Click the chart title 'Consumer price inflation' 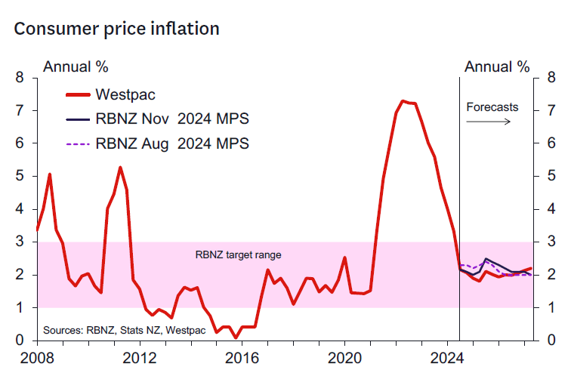116,29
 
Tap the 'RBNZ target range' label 238,255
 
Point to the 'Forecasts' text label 492,106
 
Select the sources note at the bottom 113,330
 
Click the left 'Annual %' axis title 76,66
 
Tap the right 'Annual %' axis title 497,66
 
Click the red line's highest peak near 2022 403,100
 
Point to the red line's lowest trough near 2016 236,337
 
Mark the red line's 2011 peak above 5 120,167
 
